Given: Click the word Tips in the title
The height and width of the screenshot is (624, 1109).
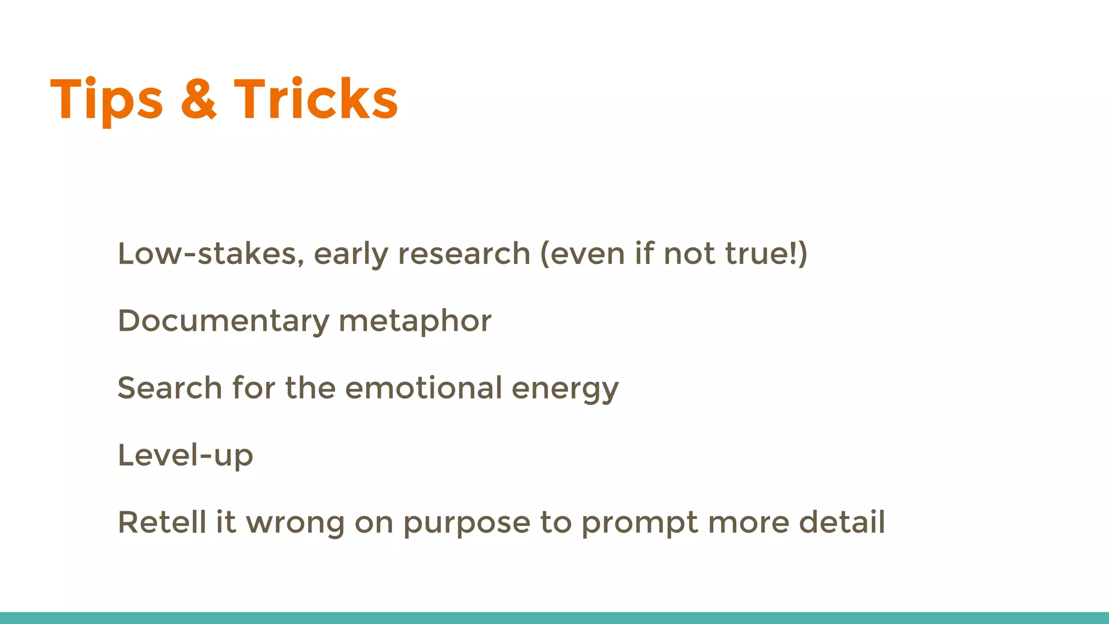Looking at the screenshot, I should pos(106,100).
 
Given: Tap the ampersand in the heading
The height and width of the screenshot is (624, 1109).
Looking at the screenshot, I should pos(198,100).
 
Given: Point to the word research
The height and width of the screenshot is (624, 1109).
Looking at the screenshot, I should pos(464,254).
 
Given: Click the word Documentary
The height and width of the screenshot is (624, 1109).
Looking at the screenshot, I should pos(223,321).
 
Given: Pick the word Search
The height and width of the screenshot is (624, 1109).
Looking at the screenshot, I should pos(169,388).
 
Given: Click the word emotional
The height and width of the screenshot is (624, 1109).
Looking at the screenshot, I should pos(423,388).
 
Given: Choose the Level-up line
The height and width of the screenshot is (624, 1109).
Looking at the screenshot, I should pos(185,455).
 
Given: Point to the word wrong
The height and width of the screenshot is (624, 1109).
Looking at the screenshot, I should pos(295,523).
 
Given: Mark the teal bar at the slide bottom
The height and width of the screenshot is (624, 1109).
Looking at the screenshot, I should pos(554,617).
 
